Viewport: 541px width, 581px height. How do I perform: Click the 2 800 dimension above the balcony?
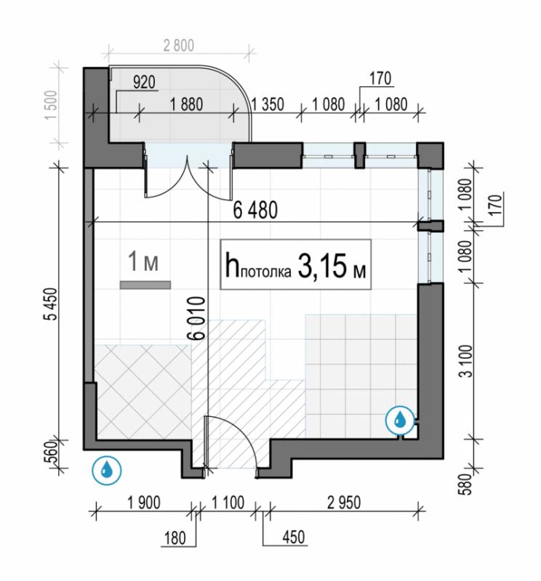point(178,46)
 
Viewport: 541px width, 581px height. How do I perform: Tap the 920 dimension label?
point(144,82)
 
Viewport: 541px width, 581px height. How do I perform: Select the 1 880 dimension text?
point(187,105)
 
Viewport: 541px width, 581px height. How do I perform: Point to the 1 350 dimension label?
point(268,105)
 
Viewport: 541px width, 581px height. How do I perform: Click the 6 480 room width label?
point(255,210)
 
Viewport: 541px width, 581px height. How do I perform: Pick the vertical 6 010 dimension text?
point(197,318)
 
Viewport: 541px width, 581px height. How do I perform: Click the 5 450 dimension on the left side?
point(51,304)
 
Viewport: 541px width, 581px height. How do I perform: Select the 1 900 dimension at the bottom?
point(144,503)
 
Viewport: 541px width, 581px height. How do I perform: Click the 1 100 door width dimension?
point(228,503)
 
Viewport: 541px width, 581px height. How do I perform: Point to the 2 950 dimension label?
point(344,503)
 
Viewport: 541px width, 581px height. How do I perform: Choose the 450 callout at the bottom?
point(294,537)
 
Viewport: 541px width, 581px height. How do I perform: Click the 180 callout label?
point(175,538)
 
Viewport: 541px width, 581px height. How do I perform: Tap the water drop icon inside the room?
point(400,420)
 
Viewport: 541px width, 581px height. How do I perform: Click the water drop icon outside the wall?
point(107,470)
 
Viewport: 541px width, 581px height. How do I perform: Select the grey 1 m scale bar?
point(145,285)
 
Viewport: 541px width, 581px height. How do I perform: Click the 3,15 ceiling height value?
point(321,266)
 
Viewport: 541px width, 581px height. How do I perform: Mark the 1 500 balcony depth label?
point(51,105)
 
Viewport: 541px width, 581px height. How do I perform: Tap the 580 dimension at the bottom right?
point(466,484)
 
